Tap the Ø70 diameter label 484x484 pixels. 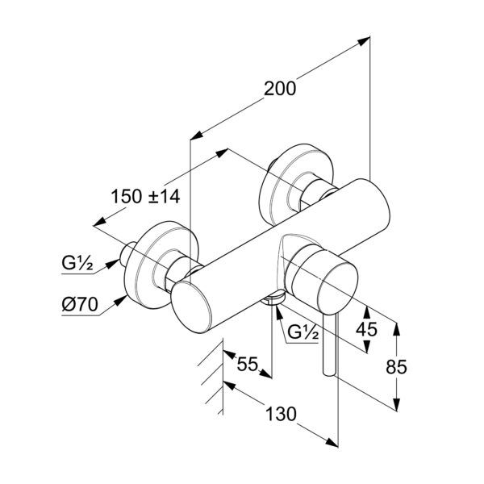80,305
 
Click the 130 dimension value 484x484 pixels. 280,414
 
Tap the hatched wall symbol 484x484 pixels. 213,375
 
